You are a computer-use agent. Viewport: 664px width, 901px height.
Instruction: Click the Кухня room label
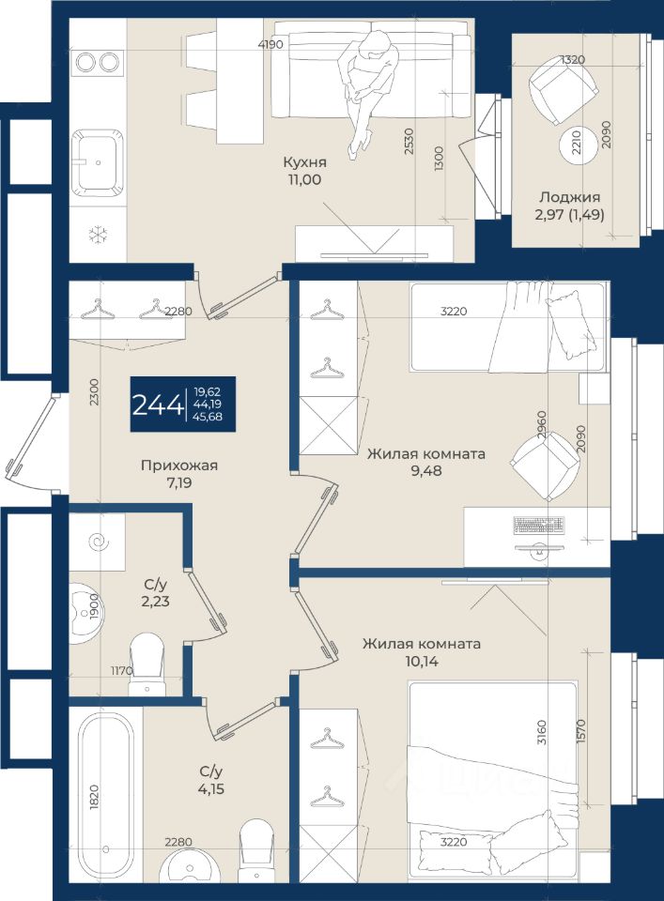tap(304, 162)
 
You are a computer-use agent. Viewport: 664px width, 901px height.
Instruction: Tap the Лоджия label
tap(569, 197)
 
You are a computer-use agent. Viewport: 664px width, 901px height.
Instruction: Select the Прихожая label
tap(179, 466)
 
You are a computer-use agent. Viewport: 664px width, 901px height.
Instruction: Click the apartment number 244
tap(158, 405)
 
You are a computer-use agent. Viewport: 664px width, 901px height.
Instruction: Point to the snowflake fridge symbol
tap(98, 235)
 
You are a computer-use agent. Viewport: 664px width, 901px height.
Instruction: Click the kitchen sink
tap(98, 163)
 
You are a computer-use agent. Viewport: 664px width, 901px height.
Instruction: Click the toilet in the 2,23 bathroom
tap(147, 664)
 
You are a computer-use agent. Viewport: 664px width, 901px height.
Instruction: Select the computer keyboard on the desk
tap(539, 525)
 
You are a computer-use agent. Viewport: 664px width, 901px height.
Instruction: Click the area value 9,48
tap(426, 470)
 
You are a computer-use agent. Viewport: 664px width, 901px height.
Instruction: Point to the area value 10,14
tap(422, 661)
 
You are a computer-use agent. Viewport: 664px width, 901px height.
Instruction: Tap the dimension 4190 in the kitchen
tap(270, 44)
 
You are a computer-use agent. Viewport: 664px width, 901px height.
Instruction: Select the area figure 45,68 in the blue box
tap(208, 417)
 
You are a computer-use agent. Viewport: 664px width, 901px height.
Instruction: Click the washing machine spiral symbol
tap(97, 542)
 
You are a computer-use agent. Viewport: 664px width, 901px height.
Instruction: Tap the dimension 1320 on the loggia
tap(573, 59)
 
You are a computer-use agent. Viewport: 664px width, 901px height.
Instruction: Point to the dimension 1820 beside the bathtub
tap(95, 798)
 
